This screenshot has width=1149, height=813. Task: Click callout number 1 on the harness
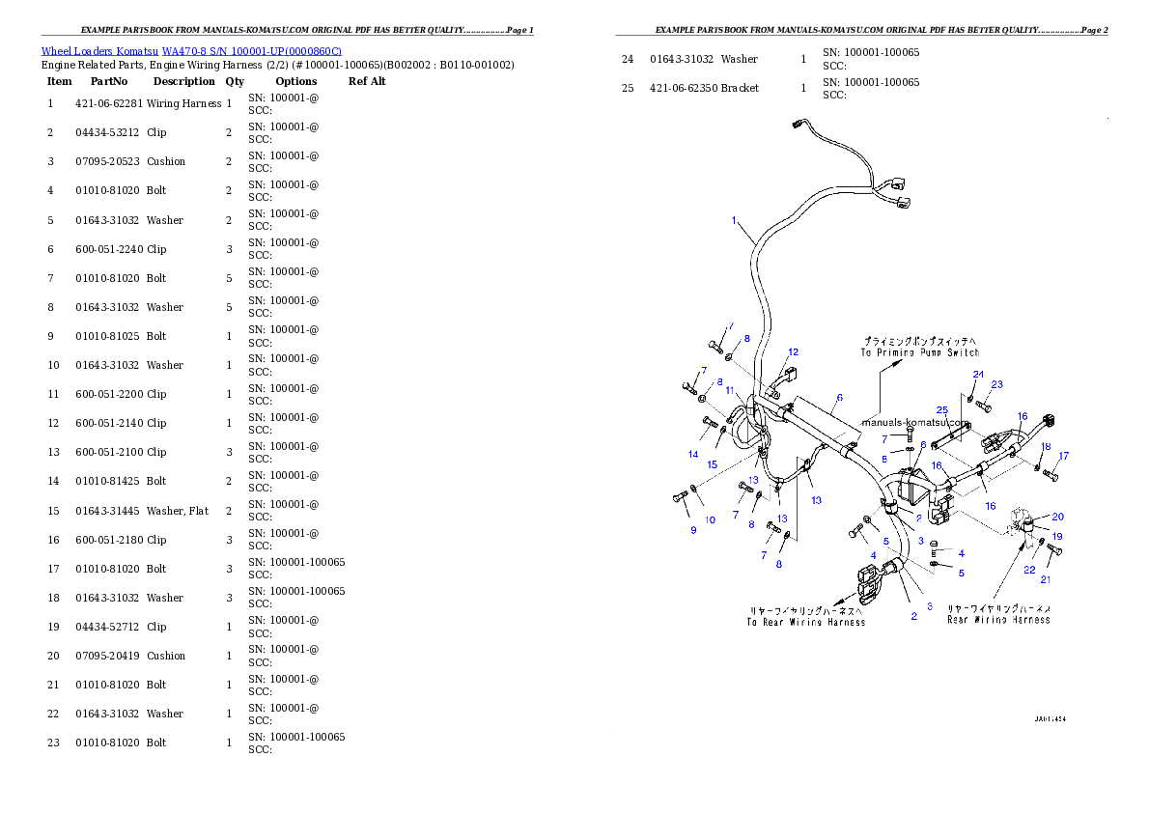[x=735, y=221]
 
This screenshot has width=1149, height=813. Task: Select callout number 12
[x=793, y=352]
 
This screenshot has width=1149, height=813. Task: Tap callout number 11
[x=731, y=391]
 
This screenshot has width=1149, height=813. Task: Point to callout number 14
[x=693, y=454]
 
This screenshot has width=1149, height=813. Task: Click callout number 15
[x=712, y=464]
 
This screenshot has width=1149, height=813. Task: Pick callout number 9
[x=691, y=530]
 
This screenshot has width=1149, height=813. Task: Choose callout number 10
[x=710, y=519]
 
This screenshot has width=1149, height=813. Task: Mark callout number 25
[x=942, y=411]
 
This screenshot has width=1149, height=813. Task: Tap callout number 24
[x=978, y=374]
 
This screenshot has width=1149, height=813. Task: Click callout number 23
[x=997, y=384]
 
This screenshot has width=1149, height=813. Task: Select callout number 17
[x=1064, y=456]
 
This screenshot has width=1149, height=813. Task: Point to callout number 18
[x=1046, y=446]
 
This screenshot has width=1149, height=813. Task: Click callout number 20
[x=1058, y=517]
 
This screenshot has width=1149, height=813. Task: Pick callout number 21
[x=1046, y=579]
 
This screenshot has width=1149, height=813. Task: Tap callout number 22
[x=1029, y=570]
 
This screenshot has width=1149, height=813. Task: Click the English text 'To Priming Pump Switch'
[x=920, y=353]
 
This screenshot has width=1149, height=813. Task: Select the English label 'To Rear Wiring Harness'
[x=805, y=622]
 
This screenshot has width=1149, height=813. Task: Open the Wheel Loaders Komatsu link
[x=191, y=51]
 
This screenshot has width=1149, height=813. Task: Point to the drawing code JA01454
[x=1051, y=719]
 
